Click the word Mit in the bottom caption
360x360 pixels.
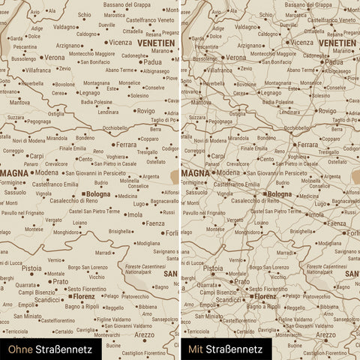196,349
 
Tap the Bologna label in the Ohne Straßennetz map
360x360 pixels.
98,194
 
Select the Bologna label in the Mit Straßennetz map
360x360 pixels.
279,194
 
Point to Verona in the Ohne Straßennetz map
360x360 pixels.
55,57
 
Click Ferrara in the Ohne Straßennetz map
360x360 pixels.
127,144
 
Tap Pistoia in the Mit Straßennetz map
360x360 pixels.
213,268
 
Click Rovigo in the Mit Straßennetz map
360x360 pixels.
327,111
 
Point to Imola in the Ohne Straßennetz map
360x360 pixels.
135,214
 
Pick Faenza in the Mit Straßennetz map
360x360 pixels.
336,223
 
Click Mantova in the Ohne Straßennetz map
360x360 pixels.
20,102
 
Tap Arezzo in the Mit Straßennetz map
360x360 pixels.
325,334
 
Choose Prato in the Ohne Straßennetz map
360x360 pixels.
60,282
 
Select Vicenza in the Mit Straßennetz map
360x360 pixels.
302,42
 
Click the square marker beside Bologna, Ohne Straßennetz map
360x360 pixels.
82,194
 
